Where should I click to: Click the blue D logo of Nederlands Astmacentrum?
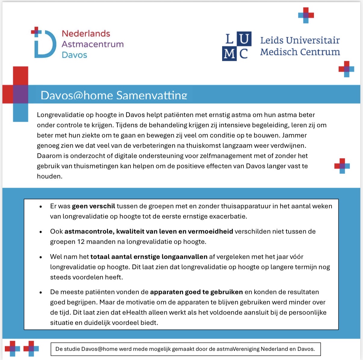coord(45,44)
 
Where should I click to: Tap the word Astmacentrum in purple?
coord(93,44)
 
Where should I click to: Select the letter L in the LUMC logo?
coord(229,39)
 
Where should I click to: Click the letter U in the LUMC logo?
coord(244,39)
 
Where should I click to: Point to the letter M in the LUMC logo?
coord(229,54)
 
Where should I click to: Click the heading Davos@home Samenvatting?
coord(114,95)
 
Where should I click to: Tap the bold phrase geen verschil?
coord(93,206)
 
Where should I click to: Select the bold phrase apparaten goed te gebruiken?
coord(196,292)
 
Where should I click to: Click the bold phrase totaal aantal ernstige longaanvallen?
coord(149,257)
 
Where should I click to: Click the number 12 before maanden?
coord(81,242)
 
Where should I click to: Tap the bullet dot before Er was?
coord(41,207)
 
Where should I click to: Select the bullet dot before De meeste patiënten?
coord(41,293)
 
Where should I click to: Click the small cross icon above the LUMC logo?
coord(306,15)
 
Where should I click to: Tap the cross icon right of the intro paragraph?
coord(342,166)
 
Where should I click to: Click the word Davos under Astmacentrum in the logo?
coord(74,55)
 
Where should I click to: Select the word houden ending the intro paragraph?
coord(49,177)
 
